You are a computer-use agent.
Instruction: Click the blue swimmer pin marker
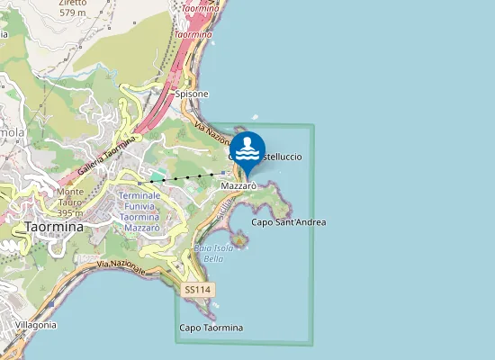247,150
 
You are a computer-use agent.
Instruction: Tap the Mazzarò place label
239,185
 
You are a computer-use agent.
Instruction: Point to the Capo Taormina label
211,328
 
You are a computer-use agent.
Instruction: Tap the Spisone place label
192,94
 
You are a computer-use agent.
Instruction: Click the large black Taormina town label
53,227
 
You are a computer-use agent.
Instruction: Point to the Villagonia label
33,324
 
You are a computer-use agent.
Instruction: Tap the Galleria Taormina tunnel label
105,157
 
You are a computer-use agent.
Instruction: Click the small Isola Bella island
240,239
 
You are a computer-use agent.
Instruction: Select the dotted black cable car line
180,177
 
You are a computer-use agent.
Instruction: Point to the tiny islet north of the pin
256,116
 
